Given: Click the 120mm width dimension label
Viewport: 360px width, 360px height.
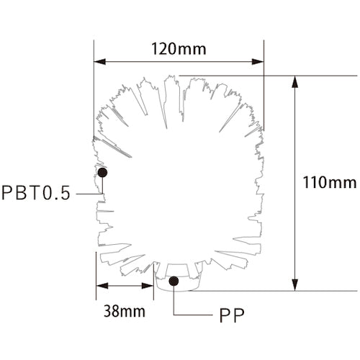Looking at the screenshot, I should point(179,49).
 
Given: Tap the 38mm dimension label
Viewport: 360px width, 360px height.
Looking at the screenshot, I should point(122,312).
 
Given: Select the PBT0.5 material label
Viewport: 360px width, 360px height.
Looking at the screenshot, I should point(35,194).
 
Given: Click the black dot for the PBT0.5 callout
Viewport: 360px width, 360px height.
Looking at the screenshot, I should point(102,173).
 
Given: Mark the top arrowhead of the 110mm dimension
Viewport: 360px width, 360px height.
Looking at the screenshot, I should point(294,81).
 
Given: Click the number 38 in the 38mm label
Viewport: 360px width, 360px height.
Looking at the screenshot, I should point(112,312).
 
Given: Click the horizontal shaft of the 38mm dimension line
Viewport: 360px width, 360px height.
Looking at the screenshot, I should point(125,287).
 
